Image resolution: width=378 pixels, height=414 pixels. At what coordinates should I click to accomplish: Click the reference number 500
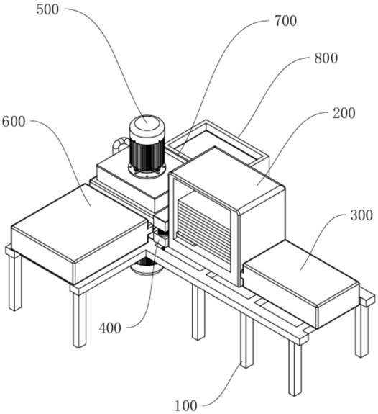[47, 10]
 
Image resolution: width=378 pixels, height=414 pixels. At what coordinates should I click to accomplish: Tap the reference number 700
[285, 21]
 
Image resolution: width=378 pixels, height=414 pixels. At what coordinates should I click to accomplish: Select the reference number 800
[326, 58]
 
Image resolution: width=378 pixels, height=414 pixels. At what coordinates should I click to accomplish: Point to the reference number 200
[344, 113]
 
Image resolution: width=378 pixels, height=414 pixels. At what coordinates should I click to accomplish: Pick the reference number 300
[361, 215]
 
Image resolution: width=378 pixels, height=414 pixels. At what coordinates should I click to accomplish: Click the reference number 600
[14, 122]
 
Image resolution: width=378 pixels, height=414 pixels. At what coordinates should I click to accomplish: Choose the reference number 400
[110, 328]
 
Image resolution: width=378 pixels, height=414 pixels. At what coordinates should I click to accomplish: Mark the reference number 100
[186, 405]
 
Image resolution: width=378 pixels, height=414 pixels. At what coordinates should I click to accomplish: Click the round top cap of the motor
[147, 126]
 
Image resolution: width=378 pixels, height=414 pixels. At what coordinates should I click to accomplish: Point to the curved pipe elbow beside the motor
[120, 144]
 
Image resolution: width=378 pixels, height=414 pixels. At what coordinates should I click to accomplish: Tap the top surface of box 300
[300, 272]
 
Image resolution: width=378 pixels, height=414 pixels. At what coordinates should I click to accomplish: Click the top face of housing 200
[226, 179]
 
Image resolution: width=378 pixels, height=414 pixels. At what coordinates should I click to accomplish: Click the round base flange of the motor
[147, 171]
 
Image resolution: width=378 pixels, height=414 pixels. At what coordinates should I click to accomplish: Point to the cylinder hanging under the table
[147, 266]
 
